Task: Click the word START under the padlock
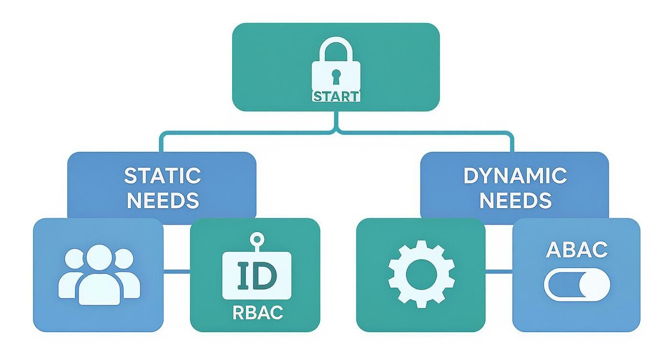click(x=336, y=96)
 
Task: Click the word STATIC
click(x=162, y=176)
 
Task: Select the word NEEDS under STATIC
click(x=162, y=201)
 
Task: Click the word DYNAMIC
click(x=515, y=176)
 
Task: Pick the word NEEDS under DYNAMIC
click(x=515, y=201)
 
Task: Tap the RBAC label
click(x=257, y=313)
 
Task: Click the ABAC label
click(x=577, y=249)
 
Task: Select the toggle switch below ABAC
click(x=577, y=285)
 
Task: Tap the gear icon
click(x=421, y=274)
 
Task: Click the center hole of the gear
click(x=421, y=274)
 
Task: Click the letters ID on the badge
click(x=256, y=275)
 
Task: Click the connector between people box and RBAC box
click(x=177, y=271)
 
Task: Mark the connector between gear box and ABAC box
click(x=499, y=271)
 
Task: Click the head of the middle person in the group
click(x=99, y=258)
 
